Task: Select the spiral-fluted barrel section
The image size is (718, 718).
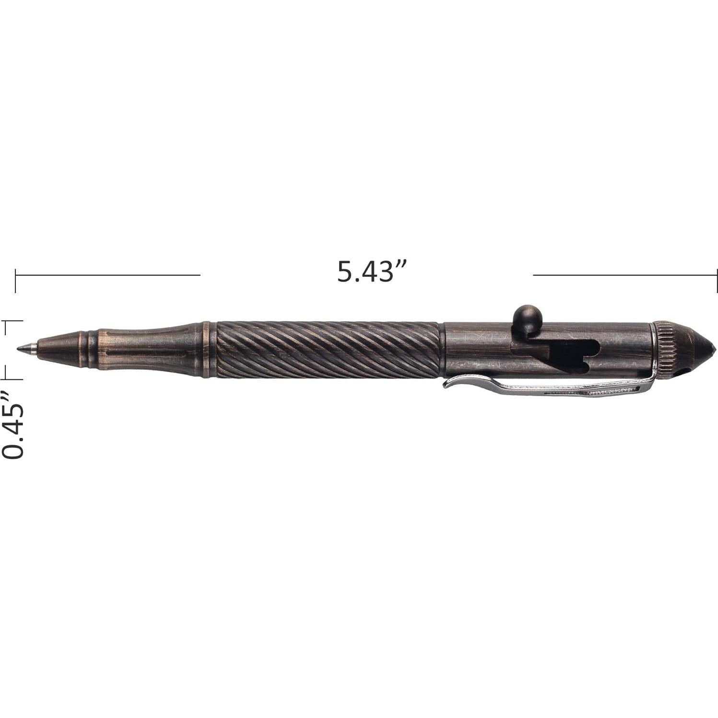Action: [x=329, y=353]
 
